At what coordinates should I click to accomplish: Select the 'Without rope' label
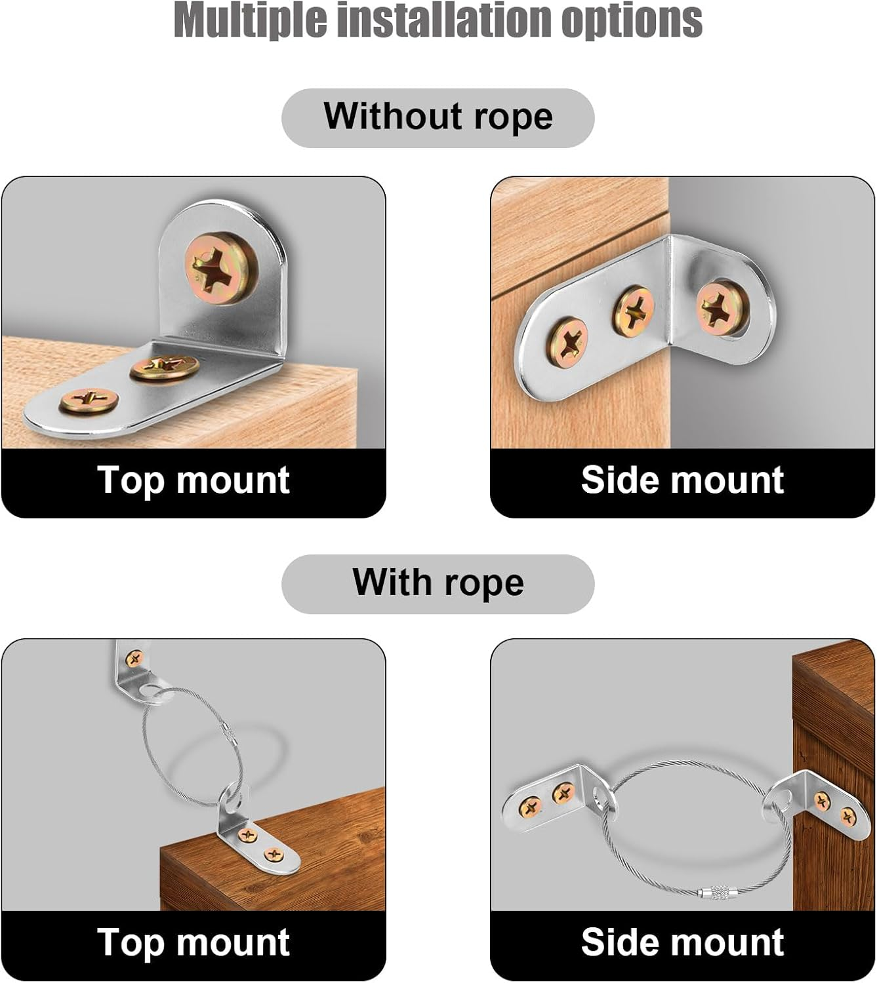tap(438, 117)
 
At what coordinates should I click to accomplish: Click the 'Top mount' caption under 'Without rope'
tap(194, 480)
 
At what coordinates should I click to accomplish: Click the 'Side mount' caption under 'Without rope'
tap(682, 480)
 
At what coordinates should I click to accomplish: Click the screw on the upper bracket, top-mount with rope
tap(134, 659)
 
